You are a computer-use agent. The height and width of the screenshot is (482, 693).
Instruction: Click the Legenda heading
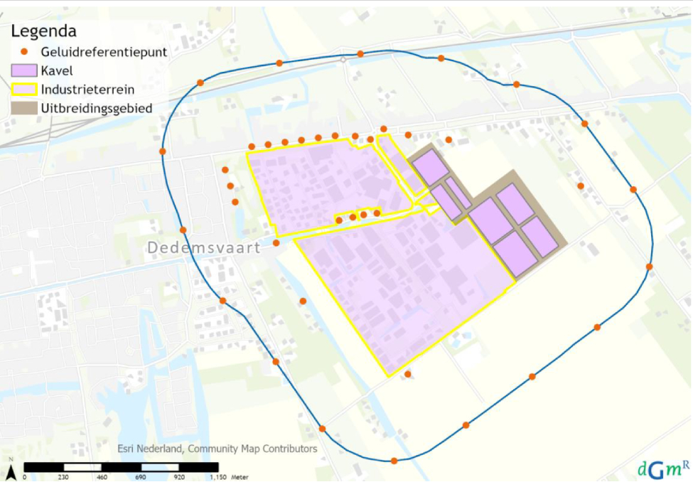coord(43,31)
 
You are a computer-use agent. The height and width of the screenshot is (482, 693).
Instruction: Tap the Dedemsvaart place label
coord(204,248)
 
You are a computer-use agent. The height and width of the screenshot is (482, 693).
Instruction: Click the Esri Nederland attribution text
coord(217,449)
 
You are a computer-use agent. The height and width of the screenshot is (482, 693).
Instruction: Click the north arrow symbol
coord(11,470)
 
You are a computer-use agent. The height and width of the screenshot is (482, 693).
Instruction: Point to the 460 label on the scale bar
coord(102,477)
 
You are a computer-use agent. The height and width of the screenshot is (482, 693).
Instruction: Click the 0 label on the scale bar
coord(25,477)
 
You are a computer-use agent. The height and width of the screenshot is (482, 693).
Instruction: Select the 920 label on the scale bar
coord(178,477)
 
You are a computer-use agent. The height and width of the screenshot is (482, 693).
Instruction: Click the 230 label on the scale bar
coord(63,477)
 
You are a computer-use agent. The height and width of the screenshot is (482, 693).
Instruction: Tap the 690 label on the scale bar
coord(140,477)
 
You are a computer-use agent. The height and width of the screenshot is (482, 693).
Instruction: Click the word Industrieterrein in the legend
coord(88,90)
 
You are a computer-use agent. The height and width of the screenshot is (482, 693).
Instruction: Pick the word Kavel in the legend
coord(58,71)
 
